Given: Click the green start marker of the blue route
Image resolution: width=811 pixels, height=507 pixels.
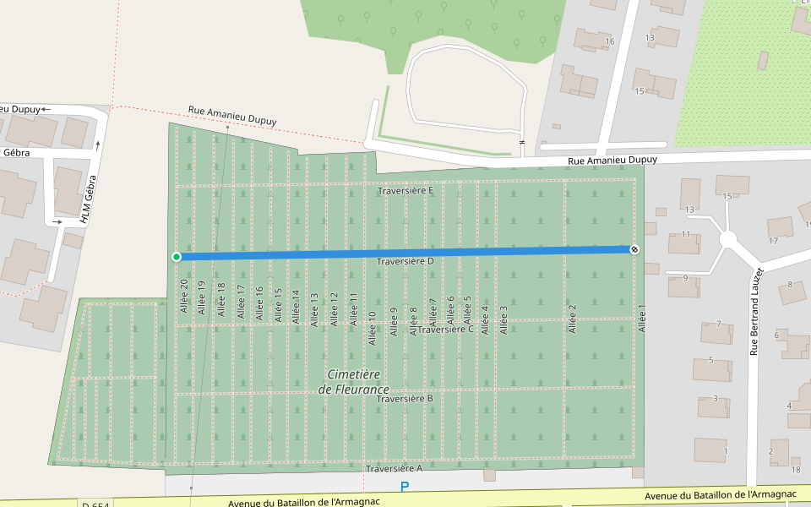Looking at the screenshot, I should click(177, 257).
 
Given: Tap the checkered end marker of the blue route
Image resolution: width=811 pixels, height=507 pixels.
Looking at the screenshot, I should click(634, 248).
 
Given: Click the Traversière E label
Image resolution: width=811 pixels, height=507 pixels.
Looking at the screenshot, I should click(405, 191).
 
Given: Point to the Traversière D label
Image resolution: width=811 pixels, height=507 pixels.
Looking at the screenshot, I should click(405, 262).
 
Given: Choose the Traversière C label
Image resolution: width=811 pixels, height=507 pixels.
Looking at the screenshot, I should click(446, 330).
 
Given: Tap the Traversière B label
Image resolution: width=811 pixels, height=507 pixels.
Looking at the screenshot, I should click(405, 399).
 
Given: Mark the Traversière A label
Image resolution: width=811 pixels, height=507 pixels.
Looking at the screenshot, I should click(394, 468).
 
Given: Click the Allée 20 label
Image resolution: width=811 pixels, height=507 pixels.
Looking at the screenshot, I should click(183, 297).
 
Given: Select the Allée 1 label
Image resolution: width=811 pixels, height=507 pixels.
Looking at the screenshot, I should click(641, 319).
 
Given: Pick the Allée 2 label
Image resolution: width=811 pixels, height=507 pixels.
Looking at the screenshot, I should click(572, 319).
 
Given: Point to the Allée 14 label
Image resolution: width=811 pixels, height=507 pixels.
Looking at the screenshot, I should click(296, 307).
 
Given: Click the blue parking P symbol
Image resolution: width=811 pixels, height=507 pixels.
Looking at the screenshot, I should click(405, 487).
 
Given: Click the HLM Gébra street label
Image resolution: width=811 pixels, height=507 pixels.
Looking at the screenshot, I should click(88, 199).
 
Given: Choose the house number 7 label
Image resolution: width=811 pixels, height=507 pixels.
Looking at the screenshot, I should click(718, 324).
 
